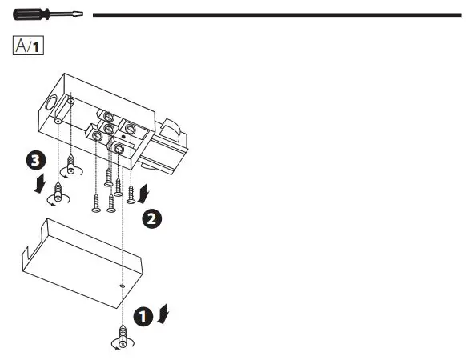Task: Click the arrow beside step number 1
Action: coord(163,314)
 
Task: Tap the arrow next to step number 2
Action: coord(144,193)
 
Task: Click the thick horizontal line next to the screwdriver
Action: coord(276,14)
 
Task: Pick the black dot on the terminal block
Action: coord(123,138)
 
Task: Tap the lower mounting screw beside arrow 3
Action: coord(57,192)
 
